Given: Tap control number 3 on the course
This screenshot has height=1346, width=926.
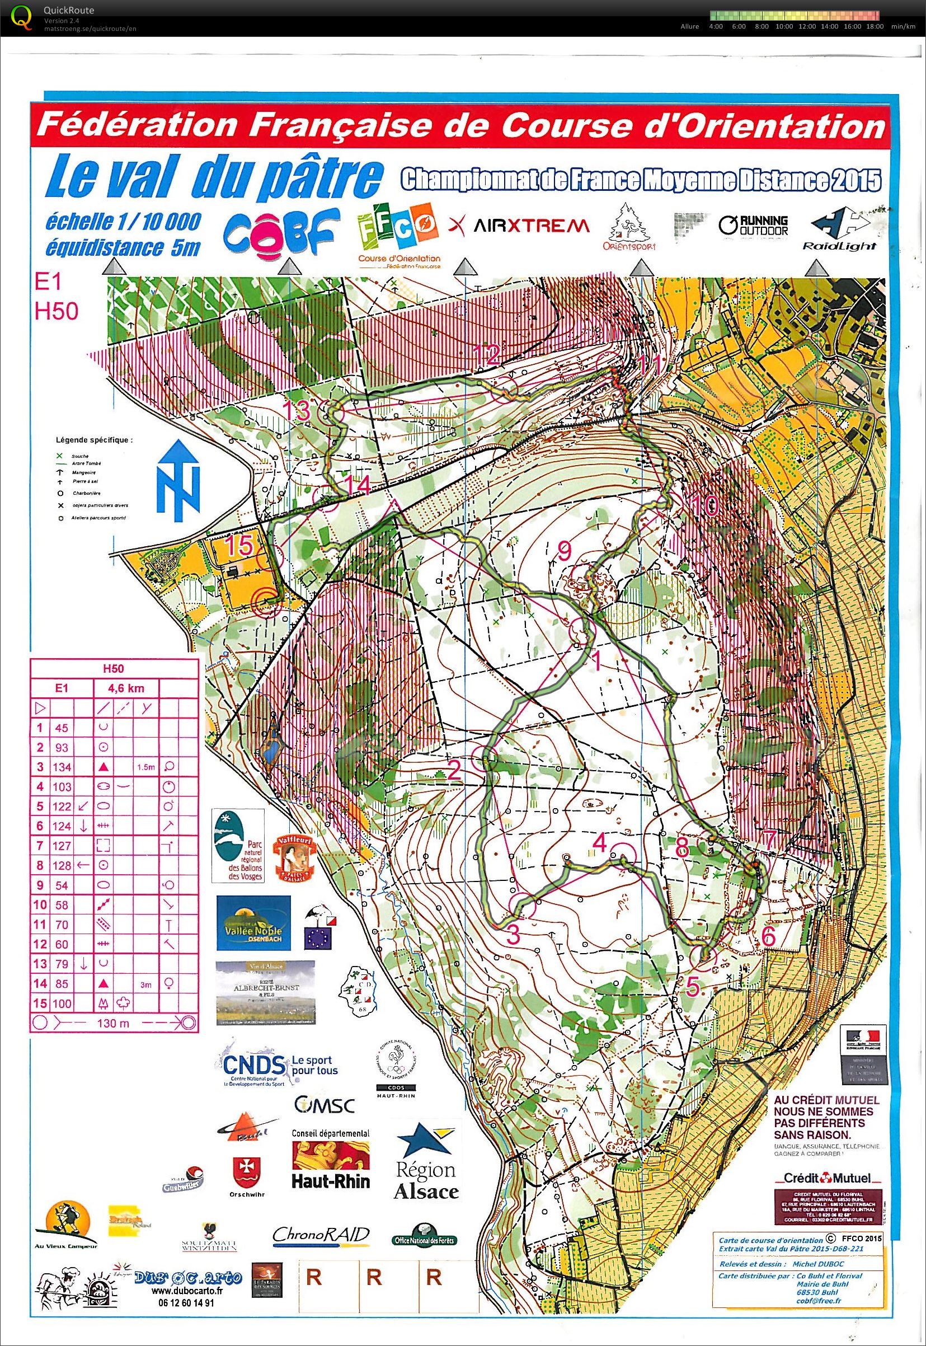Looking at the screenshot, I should pyautogui.click(x=513, y=934).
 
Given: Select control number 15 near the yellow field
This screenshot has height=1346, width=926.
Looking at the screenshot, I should pyautogui.click(x=239, y=546).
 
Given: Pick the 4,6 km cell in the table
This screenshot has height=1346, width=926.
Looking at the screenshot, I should pyautogui.click(x=126, y=688).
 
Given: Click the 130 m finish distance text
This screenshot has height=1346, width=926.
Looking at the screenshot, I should pyautogui.click(x=114, y=1023).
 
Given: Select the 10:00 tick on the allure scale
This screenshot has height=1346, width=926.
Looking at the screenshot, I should pyautogui.click(x=783, y=26).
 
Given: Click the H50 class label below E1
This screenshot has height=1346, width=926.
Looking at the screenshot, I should pyautogui.click(x=57, y=312).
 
